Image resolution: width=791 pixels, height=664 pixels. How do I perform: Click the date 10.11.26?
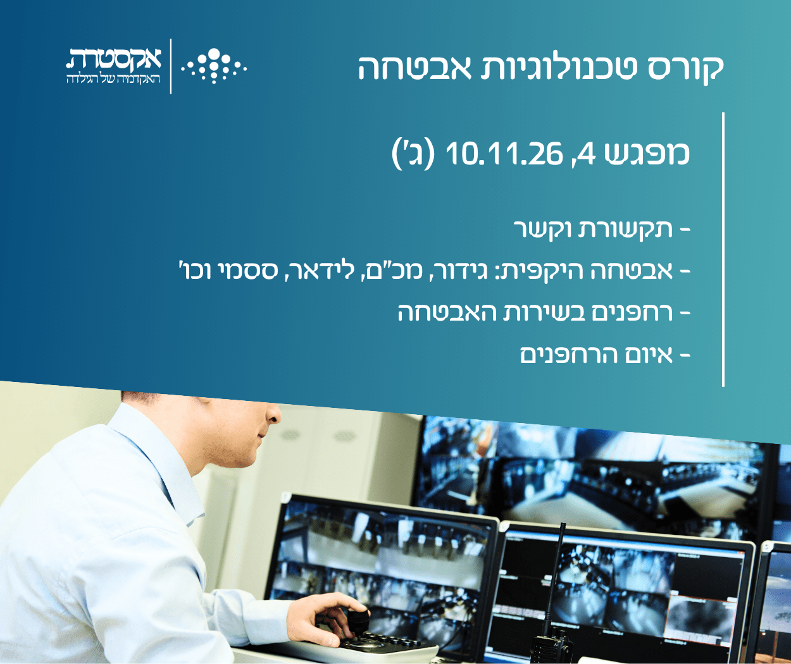pos(504,154)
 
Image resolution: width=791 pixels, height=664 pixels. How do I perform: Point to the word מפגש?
pos(647,154)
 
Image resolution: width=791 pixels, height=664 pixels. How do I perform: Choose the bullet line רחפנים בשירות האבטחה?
pos(544,312)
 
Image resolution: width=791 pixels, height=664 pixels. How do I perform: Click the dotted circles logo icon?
pos(214,66)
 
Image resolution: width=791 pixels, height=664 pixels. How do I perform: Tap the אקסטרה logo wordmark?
pos(114,59)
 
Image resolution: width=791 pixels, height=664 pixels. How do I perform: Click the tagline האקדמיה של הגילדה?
pos(114,79)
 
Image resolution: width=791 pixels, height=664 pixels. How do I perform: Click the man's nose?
pos(273,413)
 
